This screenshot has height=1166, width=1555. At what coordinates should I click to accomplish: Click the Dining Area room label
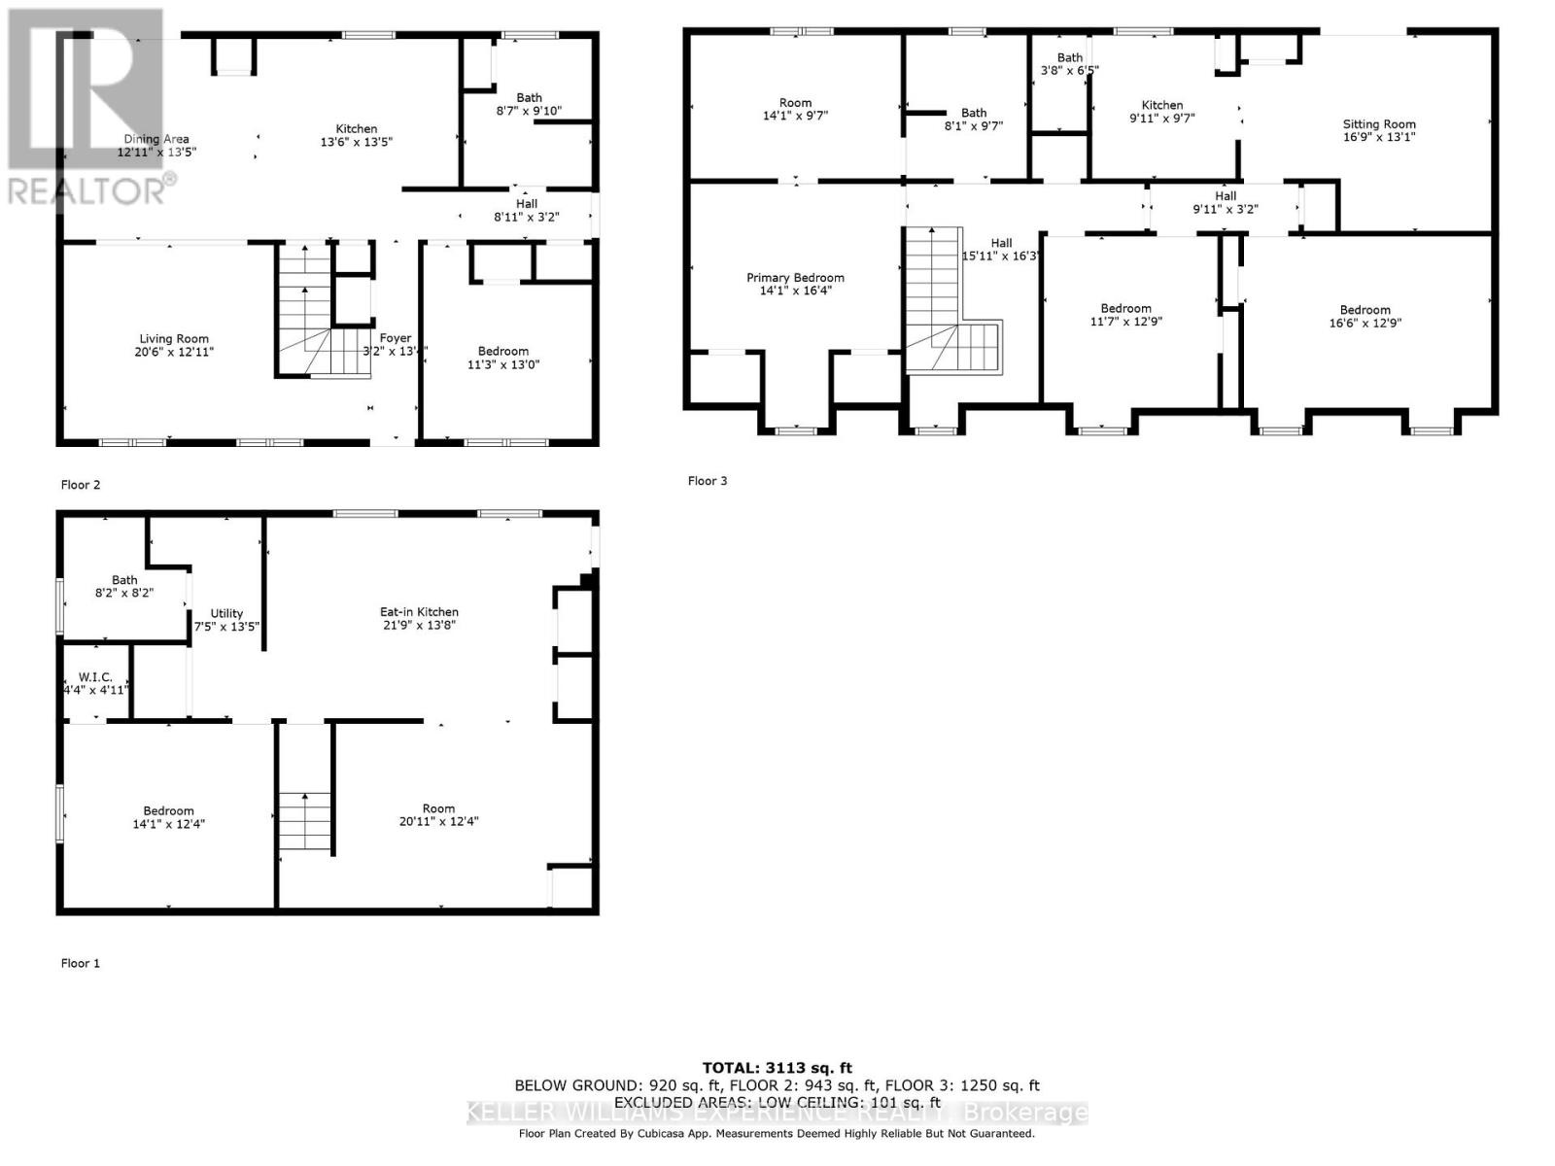point(156,139)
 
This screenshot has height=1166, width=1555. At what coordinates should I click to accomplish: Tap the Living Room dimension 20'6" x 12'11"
point(174,352)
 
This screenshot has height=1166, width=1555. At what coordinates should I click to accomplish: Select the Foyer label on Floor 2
point(396,338)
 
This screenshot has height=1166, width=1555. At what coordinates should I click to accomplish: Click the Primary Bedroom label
point(795,278)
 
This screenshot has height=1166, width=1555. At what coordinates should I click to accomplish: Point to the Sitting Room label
point(1379,124)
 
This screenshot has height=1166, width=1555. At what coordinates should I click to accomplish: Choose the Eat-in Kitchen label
point(419,612)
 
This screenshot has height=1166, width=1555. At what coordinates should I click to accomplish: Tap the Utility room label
point(226,613)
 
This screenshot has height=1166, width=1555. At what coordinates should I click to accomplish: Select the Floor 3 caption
point(708,481)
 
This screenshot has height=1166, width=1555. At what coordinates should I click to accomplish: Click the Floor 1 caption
point(81,963)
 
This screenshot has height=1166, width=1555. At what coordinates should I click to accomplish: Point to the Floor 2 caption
point(81,485)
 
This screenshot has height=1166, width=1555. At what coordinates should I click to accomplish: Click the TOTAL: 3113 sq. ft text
point(777,1068)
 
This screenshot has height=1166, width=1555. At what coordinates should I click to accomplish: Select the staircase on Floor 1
point(305,821)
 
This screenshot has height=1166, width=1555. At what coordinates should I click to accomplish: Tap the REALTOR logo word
point(87,190)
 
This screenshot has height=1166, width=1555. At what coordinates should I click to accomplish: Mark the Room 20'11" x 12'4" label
point(438,808)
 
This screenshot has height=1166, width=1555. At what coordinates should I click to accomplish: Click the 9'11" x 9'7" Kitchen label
point(1162,105)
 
